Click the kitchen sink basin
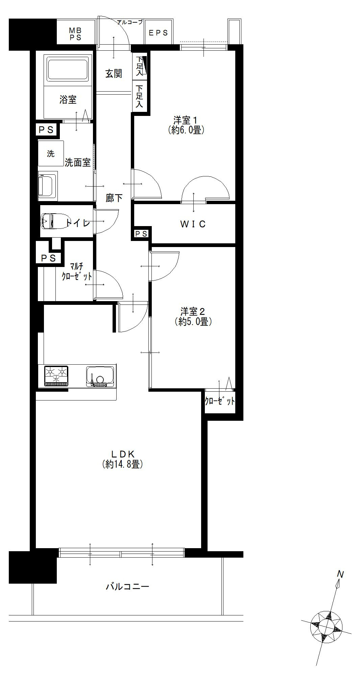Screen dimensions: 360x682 click(x=100, y=376)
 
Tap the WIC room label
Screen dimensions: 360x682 click(x=193, y=224)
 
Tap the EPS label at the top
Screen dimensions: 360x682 click(x=159, y=33)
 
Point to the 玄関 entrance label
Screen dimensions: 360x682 click(x=114, y=73)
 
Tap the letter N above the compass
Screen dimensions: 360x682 click(x=340, y=574)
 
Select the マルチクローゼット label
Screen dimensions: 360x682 click(x=76, y=272)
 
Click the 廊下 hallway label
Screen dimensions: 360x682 click(x=114, y=198)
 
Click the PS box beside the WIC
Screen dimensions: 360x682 click(x=141, y=234)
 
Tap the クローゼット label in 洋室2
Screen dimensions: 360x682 click(x=220, y=401)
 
